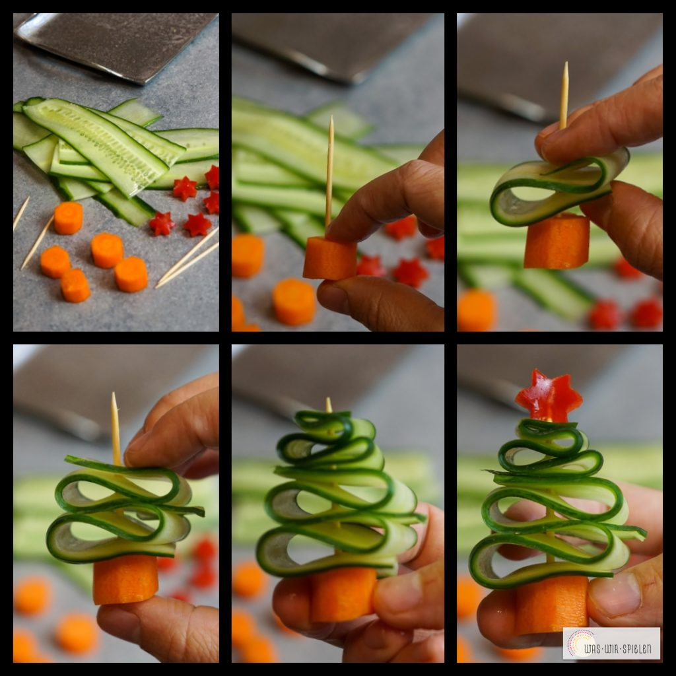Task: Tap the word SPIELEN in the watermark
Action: (x=633, y=649)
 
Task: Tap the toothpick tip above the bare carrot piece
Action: (x=331, y=118)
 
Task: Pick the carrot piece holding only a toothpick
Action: (x=330, y=258)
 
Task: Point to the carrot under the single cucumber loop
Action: (x=557, y=242)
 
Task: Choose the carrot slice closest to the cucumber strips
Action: (x=68, y=218)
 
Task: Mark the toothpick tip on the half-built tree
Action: (x=114, y=395)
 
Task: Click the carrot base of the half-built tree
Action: (x=125, y=580)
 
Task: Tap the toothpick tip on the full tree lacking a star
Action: (x=329, y=399)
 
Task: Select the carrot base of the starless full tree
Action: (x=343, y=594)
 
